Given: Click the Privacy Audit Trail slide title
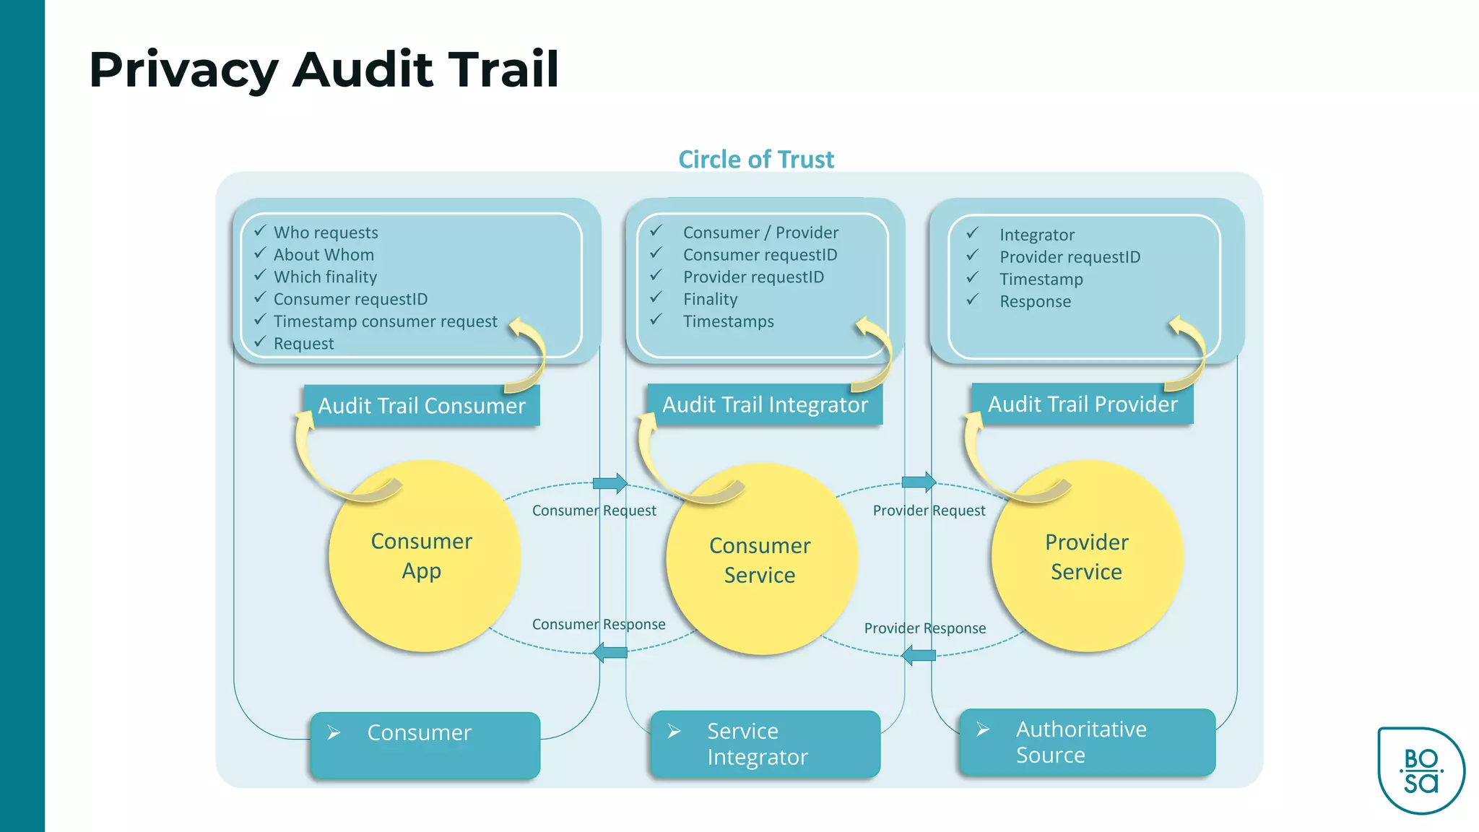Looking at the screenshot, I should [x=324, y=69].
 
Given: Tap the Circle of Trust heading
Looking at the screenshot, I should [x=755, y=160].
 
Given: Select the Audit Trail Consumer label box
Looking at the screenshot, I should [x=421, y=406].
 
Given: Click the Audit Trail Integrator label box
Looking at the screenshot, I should [x=765, y=404].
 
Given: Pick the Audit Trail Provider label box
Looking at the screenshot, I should [x=1082, y=404].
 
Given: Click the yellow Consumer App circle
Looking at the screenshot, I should [x=424, y=556].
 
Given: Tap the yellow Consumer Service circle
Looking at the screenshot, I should [x=761, y=560].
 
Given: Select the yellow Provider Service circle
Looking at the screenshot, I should [x=1087, y=557].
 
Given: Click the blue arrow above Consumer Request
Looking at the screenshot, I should [x=610, y=482].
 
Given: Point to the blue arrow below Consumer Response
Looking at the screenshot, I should [x=610, y=653].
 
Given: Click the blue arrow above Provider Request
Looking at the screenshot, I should [x=919, y=481].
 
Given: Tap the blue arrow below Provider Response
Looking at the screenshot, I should [x=919, y=656].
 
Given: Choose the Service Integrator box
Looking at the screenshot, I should [x=765, y=744].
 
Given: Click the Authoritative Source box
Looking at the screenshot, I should [x=1087, y=742].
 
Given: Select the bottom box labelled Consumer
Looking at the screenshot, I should [x=425, y=745].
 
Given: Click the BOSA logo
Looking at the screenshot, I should [x=1421, y=771].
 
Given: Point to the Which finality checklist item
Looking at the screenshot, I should [x=325, y=277].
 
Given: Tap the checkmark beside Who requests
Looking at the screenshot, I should [x=260, y=231].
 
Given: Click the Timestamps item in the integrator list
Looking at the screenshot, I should [x=728, y=322].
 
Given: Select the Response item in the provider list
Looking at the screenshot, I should [x=1035, y=302].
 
